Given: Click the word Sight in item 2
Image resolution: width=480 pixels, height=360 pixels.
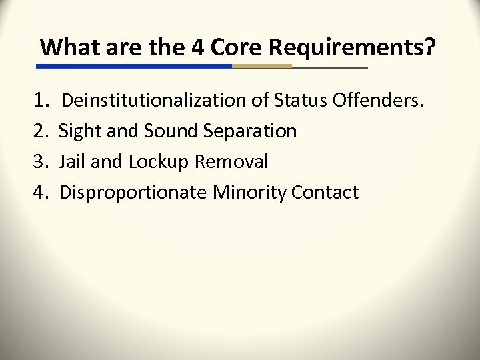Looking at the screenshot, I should [x=77, y=131].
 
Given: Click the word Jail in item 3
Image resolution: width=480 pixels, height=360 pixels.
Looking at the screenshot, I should [x=73, y=162].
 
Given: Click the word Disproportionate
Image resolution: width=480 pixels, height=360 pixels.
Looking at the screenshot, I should [x=133, y=193].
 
